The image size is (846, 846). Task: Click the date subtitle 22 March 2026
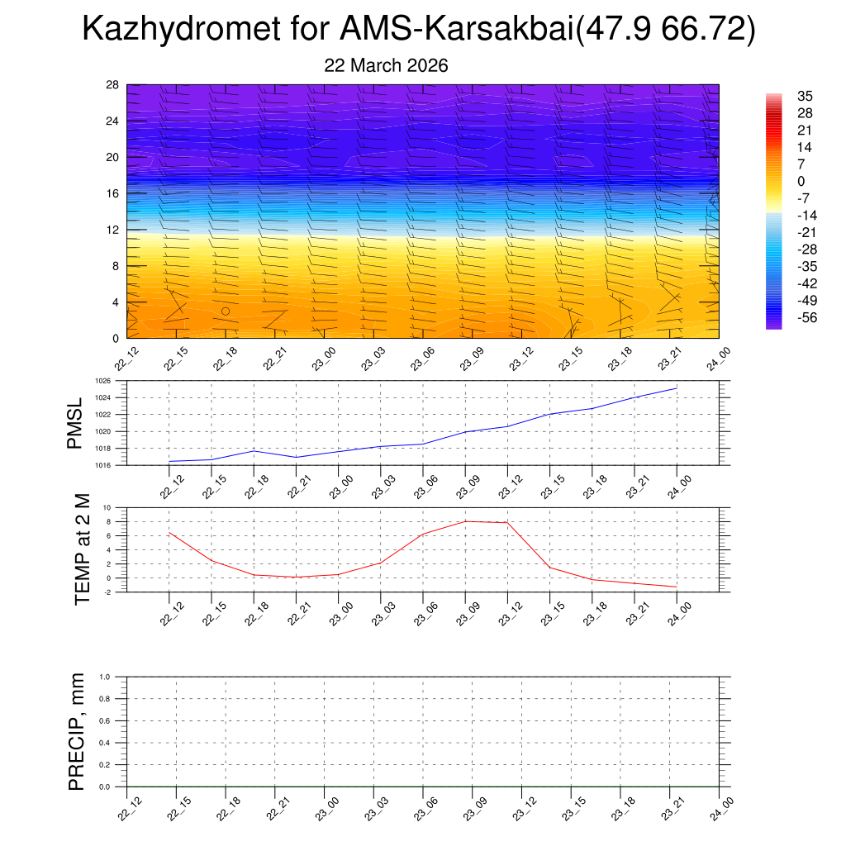click(386, 66)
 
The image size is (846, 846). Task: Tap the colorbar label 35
click(805, 96)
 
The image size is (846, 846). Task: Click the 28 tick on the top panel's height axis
click(113, 85)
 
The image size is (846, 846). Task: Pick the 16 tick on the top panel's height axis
click(113, 193)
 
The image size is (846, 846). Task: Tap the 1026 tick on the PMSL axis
click(102, 381)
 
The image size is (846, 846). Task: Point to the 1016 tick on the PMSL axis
click(102, 465)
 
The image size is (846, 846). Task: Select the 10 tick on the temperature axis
click(107, 507)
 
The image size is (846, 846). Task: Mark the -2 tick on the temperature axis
click(107, 592)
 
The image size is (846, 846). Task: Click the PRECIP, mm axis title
click(77, 732)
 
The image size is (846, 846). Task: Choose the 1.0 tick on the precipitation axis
click(105, 676)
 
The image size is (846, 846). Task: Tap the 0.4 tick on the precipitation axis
click(105, 743)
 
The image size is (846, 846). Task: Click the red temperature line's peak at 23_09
click(465, 521)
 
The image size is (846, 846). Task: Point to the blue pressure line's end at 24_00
click(677, 387)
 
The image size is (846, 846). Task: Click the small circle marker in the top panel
click(226, 311)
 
